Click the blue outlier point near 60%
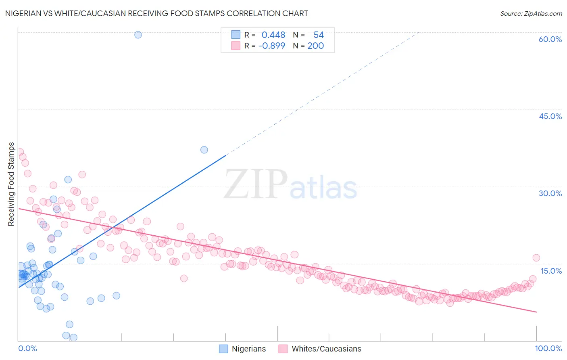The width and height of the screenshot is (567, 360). (138, 35)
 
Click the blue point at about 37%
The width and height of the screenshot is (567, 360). (204, 150)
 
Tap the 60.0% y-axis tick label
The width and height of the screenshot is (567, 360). (550, 39)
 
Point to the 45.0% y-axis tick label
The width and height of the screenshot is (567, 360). (550, 116)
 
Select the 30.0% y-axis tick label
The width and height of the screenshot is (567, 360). (550, 193)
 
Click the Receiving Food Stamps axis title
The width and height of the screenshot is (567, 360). (11, 184)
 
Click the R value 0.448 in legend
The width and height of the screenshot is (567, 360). (273, 35)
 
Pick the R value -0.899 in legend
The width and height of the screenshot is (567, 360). (271, 46)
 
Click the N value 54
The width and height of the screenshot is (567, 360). (319, 35)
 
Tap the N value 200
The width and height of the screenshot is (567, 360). (316, 46)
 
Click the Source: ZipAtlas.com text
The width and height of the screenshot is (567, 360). (531, 14)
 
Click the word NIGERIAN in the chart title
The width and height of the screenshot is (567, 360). (24, 14)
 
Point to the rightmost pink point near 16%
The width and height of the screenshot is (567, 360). (536, 258)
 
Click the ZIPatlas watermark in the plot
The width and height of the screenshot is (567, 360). (290, 185)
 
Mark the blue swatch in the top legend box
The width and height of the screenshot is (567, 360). (236, 35)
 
